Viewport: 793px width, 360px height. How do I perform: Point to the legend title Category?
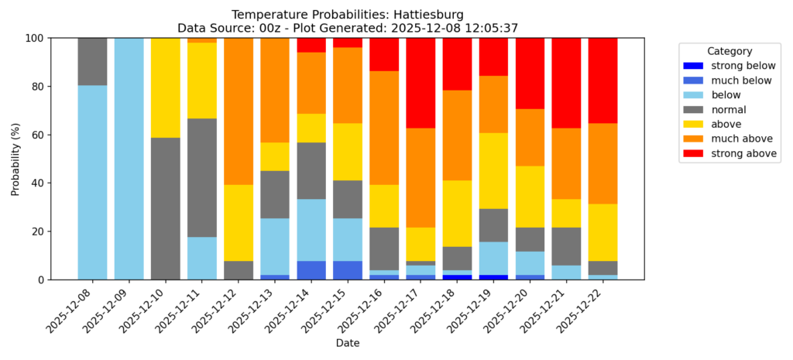[x=729, y=50]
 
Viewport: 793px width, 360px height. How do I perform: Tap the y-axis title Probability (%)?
[x=15, y=159]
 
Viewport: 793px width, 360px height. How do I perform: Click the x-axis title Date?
[x=348, y=342]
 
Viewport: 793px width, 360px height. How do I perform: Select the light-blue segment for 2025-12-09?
[x=129, y=159]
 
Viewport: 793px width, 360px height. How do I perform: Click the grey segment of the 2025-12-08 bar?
[x=92, y=61]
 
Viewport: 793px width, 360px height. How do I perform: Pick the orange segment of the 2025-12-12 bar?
[x=239, y=111]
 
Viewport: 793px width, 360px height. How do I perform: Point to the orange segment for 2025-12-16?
[x=384, y=128]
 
